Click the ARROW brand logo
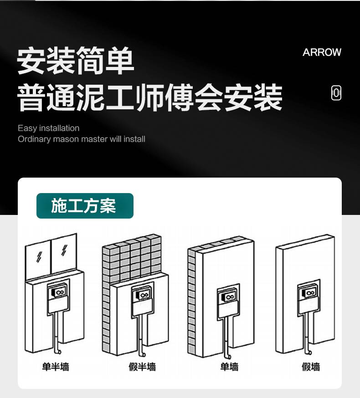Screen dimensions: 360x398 322,52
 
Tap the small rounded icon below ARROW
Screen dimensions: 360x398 336,93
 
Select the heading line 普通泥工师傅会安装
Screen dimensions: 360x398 149,98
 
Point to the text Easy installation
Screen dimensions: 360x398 48,128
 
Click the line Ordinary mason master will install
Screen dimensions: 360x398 82,139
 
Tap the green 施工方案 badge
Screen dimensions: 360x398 85,205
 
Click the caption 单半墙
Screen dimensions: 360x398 56,367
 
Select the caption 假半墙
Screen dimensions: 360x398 142,367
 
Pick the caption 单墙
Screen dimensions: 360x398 229,367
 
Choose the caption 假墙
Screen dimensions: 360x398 311,367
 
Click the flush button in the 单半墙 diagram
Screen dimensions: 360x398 59,292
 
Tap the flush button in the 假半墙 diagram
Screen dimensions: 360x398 143,295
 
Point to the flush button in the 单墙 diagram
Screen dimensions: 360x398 229,297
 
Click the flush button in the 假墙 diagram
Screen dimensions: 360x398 309,293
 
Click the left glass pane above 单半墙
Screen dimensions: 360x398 38,259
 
